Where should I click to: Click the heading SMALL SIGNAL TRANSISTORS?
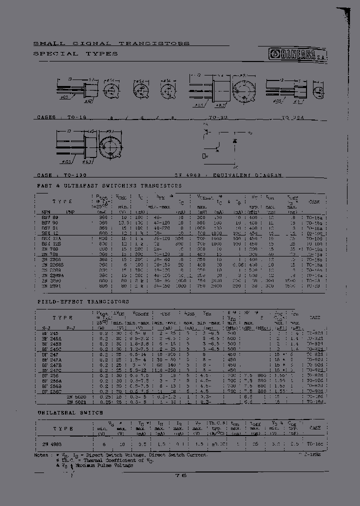point(111,43)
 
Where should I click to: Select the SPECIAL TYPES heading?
point(75,53)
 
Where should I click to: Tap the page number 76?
point(180,475)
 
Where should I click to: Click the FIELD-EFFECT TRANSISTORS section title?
point(83,302)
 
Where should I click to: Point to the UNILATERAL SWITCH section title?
point(70,412)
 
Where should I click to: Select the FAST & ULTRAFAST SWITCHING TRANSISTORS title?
point(109,185)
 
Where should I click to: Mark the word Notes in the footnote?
point(41,455)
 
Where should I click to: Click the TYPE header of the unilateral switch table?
point(62,428)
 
